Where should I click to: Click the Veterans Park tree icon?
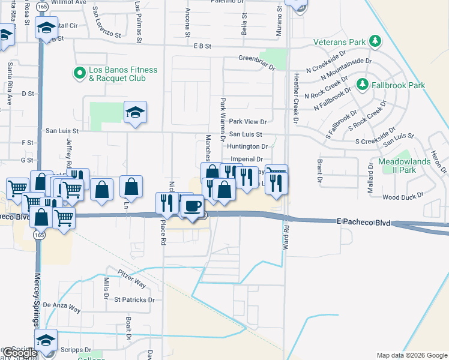click(x=376, y=41)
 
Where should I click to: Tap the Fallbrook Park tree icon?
click(x=362, y=85)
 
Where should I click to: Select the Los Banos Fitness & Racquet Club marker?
click(x=79, y=73)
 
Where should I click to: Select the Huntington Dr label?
click(x=247, y=146)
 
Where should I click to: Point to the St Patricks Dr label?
click(x=134, y=299)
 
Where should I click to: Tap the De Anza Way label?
click(x=61, y=307)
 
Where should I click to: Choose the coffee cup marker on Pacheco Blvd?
click(x=192, y=206)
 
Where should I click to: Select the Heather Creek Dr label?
click(x=296, y=98)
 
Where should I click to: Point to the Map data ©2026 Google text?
click(x=412, y=355)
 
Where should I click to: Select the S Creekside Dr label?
click(x=376, y=142)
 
